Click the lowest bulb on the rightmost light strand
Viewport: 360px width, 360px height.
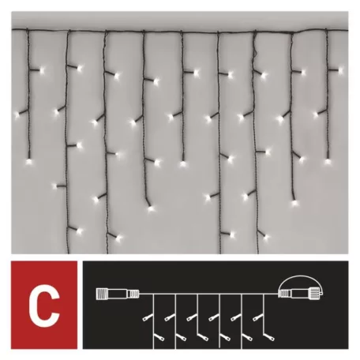[x=326, y=162]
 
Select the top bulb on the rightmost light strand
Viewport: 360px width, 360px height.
[x=341, y=69]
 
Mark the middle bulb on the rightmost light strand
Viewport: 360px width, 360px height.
[x=316, y=115]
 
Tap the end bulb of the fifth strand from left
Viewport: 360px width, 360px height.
[x=183, y=164]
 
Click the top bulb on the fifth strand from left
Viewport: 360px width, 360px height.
[x=196, y=73]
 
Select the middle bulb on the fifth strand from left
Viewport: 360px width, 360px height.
[x=171, y=116]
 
